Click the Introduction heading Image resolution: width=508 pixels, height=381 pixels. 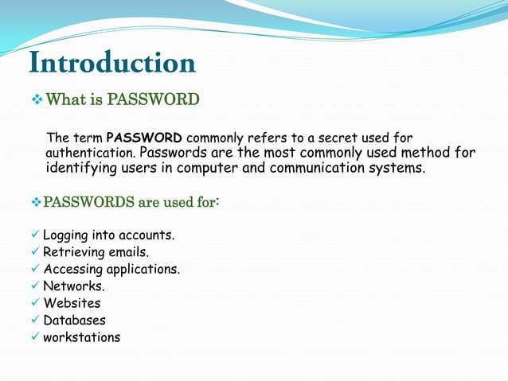click(x=111, y=63)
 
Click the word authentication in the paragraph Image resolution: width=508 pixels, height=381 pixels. click(x=90, y=152)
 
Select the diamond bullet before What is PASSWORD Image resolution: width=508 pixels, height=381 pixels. click(x=36, y=100)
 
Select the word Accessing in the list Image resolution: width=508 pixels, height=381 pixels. click(x=73, y=269)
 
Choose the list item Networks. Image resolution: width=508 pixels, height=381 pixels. click(x=73, y=286)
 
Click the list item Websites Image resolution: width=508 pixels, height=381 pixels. click(x=72, y=303)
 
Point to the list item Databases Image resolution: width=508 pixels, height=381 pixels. click(x=74, y=320)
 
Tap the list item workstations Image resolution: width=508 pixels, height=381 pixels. click(x=81, y=337)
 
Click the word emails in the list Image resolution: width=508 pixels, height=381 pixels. click(x=127, y=252)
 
